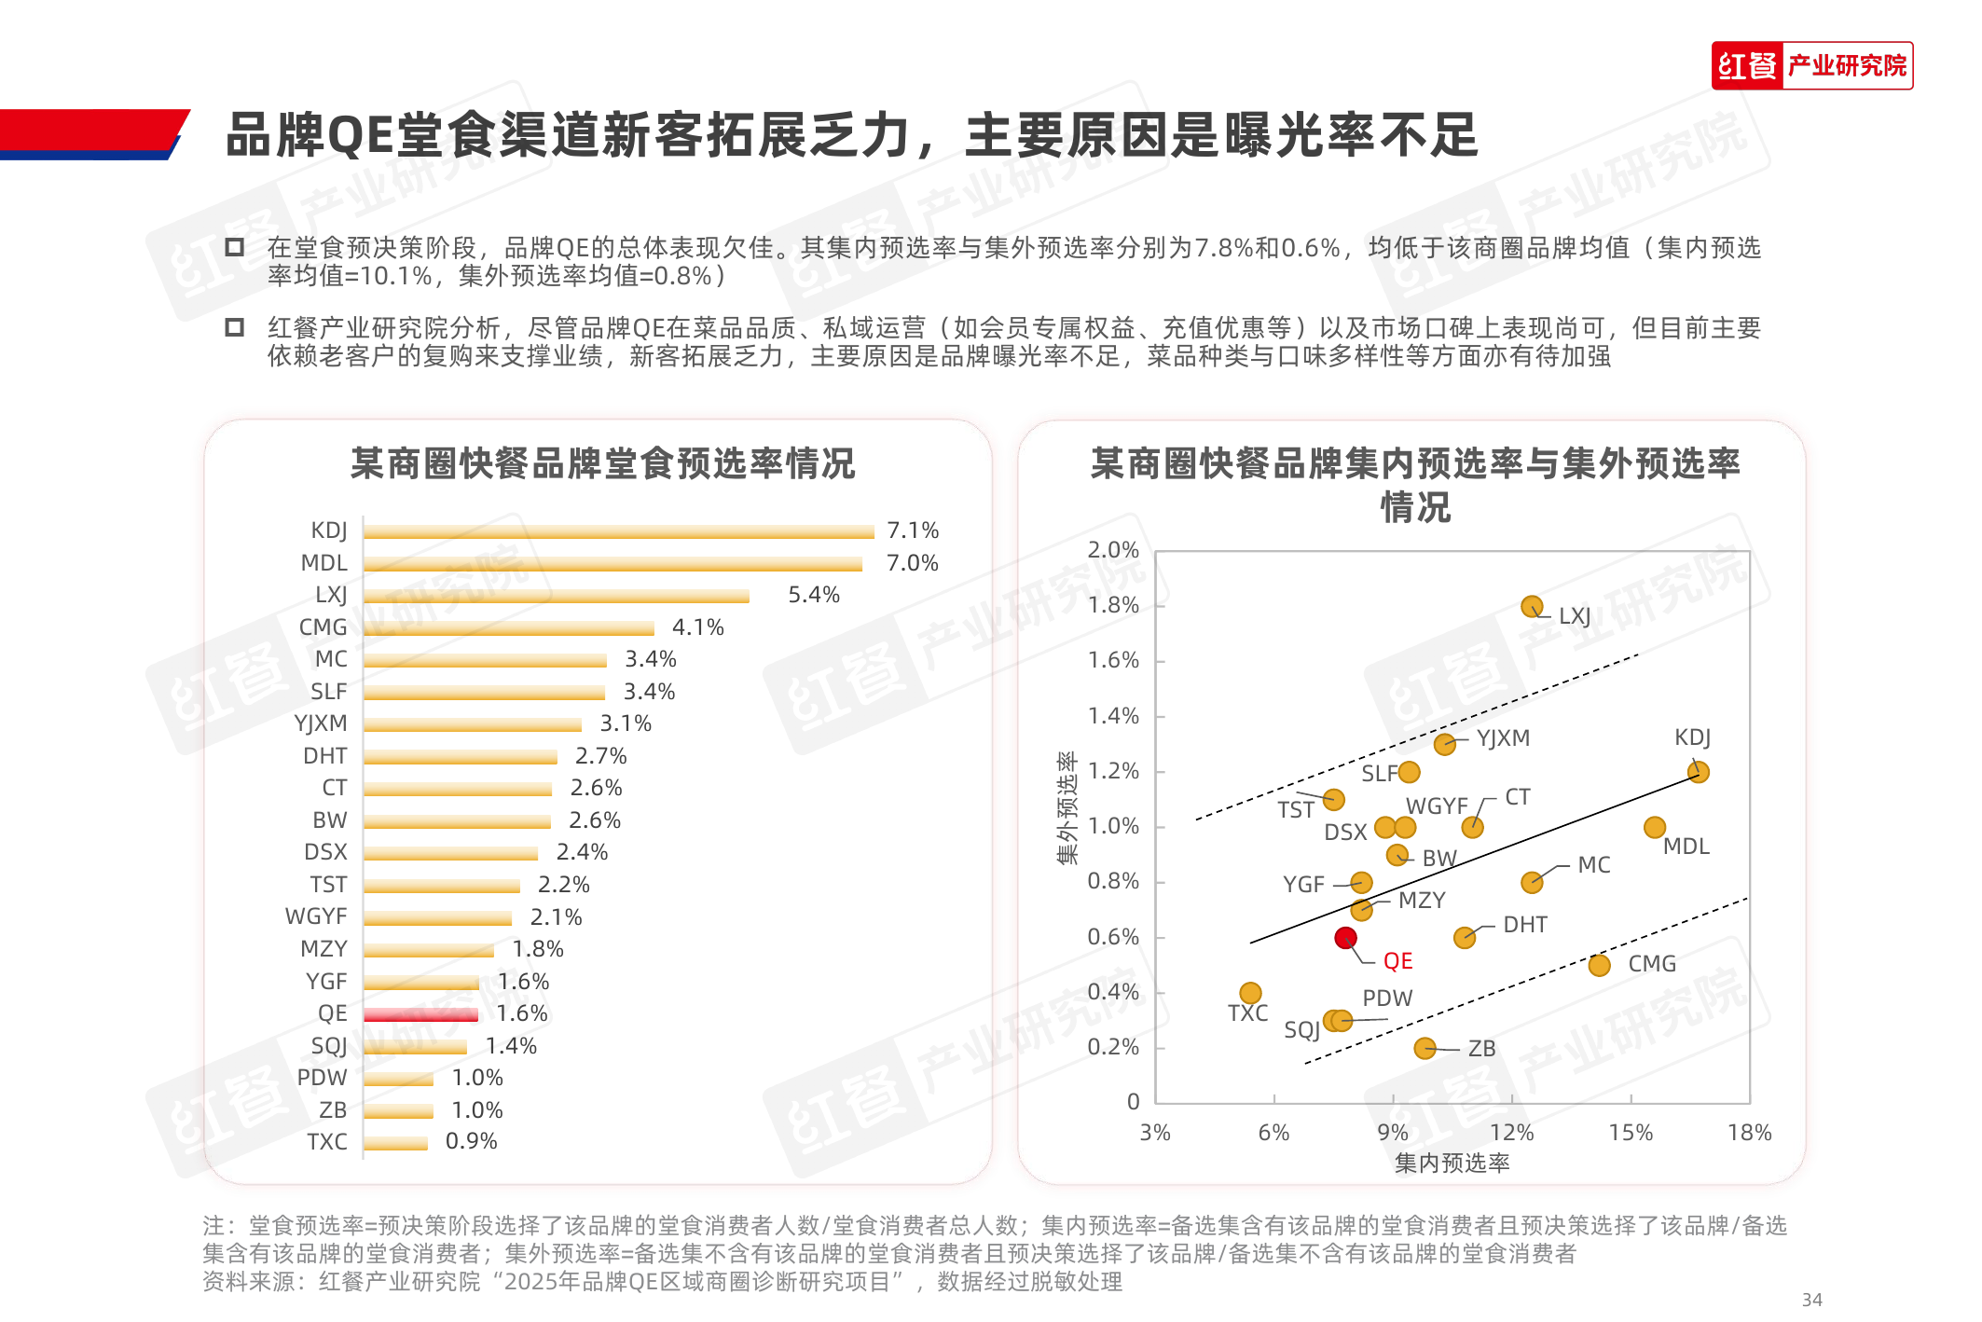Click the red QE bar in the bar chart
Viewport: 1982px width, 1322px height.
coord(420,1014)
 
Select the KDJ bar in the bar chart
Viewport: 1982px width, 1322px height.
coord(618,531)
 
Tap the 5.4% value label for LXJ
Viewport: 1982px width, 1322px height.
coord(813,595)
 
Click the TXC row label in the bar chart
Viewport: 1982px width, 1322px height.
coord(326,1142)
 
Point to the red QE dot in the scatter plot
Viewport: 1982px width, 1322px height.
coord(1345,937)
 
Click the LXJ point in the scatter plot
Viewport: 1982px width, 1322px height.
coord(1531,607)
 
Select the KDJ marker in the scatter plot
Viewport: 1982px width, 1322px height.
coord(1698,772)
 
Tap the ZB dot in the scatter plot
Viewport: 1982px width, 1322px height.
coord(1425,1048)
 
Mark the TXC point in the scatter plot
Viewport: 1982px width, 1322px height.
coord(1250,993)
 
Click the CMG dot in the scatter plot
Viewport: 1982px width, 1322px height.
coord(1599,965)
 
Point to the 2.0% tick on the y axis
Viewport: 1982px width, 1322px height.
coord(1113,550)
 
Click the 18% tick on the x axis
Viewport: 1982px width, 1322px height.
coord(1749,1133)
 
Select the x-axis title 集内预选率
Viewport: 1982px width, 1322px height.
coord(1452,1163)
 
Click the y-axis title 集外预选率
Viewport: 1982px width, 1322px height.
coord(1067,808)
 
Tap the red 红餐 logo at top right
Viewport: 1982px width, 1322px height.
coord(1747,66)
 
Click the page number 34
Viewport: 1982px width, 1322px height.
coord(1811,1300)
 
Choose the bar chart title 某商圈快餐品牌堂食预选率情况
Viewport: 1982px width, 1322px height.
coord(602,463)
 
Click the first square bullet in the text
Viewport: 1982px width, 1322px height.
coord(235,247)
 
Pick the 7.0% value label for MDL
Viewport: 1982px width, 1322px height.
coord(912,563)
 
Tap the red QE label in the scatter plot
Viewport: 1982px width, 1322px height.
coord(1397,961)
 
